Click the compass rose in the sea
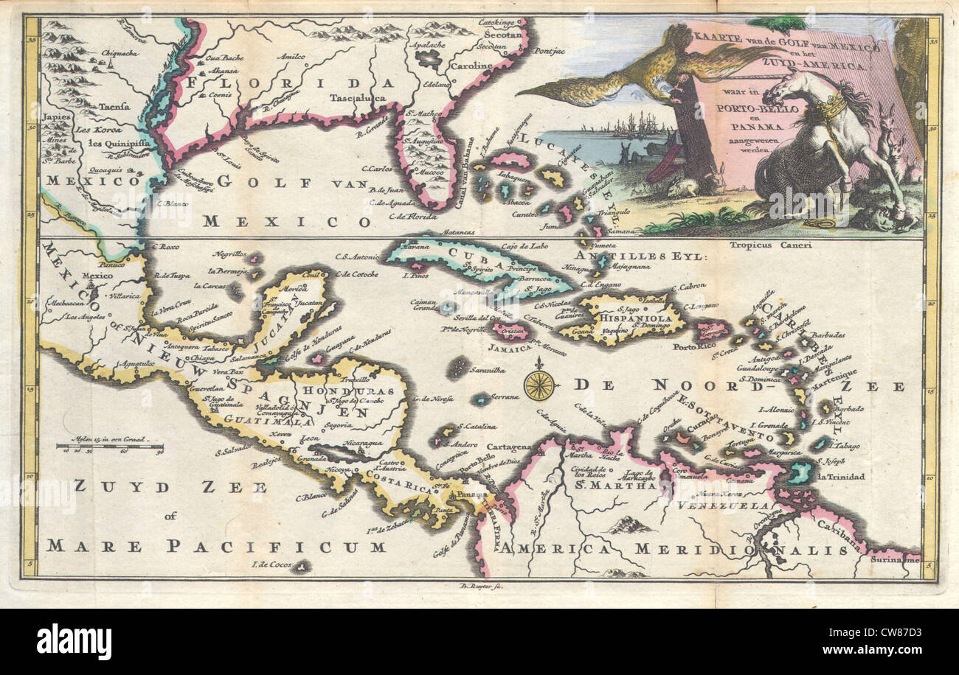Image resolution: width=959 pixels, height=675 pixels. (539, 384)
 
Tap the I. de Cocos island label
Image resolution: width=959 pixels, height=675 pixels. (271, 564)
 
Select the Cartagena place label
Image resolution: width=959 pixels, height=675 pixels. (508, 447)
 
